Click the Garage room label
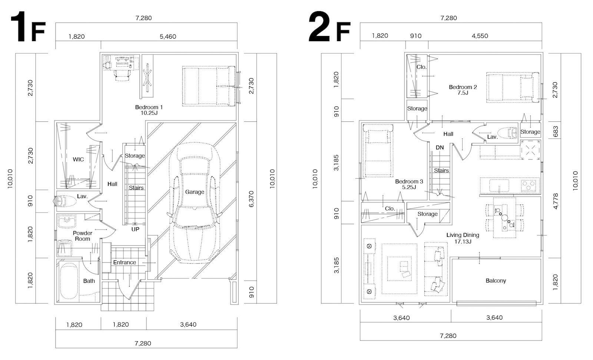[195, 192]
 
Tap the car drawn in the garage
[195, 203]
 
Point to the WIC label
[78, 159]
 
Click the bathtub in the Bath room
[69, 281]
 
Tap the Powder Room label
[82, 236]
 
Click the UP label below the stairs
[135, 229]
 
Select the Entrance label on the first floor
[125, 262]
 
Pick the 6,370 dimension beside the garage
[251, 199]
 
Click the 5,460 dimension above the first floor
[168, 37]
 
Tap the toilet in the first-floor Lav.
[65, 201]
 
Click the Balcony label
[496, 281]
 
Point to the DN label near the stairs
[440, 148]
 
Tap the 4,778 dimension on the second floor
[556, 201]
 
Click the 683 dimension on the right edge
[556, 131]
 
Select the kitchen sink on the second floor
[499, 185]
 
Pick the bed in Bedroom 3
[378, 151]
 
